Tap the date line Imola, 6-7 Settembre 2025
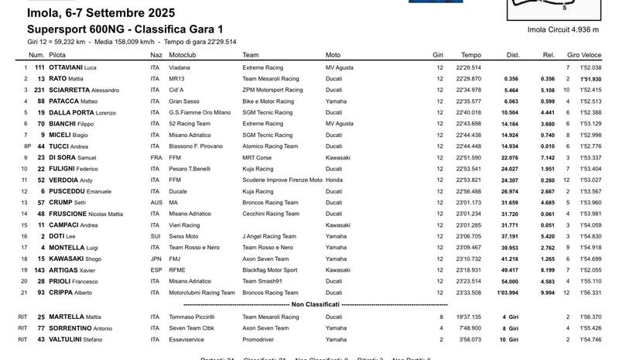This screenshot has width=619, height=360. click(x=101, y=13)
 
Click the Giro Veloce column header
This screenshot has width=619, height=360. click(x=583, y=55)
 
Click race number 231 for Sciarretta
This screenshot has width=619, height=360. click(x=36, y=90)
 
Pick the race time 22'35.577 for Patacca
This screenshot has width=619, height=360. click(x=469, y=101)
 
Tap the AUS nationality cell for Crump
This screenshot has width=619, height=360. click(x=156, y=203)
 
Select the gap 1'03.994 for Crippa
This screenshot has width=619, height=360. click(x=507, y=293)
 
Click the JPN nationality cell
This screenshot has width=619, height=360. click(x=156, y=259)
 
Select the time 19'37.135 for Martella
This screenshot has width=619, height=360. click(x=469, y=316)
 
